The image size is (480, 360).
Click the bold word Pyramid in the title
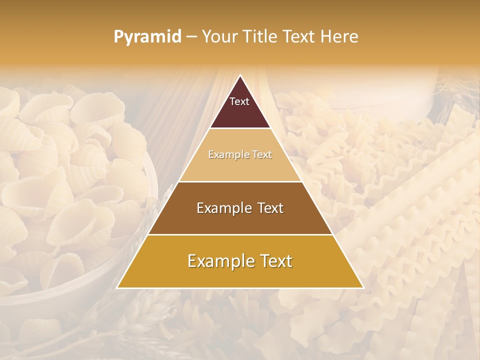click(x=147, y=37)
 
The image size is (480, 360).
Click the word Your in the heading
click(x=219, y=37)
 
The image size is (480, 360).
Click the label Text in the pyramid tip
click(x=239, y=101)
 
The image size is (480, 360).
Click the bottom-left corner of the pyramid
click(x=117, y=287)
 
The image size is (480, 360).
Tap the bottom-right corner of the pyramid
click(x=363, y=287)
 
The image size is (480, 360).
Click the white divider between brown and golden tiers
click(x=240, y=234)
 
